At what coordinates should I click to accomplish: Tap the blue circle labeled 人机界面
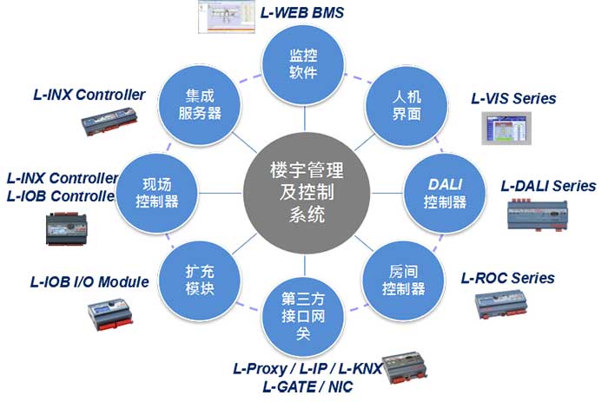coord(400,105)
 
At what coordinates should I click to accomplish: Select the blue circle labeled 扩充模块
coord(199,278)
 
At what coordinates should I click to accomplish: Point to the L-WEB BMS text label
coord(302,14)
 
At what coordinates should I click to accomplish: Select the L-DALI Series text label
coord(548,186)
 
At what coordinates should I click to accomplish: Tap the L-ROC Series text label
coord(507,279)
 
